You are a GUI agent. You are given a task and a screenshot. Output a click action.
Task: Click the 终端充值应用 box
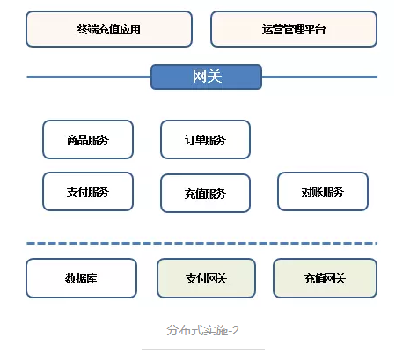(109, 29)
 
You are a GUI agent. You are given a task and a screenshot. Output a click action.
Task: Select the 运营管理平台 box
(294, 29)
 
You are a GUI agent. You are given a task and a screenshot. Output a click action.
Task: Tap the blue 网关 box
(206, 77)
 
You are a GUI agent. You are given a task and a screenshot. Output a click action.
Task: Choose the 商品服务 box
(88, 140)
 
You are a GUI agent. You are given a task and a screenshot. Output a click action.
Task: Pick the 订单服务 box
(205, 140)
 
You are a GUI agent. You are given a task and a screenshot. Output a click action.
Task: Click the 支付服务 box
(88, 192)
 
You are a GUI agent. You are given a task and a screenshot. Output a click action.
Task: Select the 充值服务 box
(205, 194)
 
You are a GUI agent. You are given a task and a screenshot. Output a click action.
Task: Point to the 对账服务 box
(323, 192)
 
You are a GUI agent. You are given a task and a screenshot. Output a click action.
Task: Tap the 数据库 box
(81, 278)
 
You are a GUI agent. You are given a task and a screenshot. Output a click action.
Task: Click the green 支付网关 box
(206, 278)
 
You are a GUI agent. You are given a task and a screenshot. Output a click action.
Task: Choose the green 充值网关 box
(325, 278)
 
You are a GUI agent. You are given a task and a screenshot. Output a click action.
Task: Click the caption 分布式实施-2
(202, 330)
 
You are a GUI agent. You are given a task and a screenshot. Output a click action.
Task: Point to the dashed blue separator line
(202, 243)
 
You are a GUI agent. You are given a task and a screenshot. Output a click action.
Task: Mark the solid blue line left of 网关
(89, 77)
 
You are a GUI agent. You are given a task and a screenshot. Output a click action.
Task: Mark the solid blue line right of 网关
(319, 77)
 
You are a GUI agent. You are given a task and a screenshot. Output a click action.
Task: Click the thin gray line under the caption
(203, 349)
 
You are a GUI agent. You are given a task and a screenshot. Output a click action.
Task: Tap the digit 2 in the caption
(235, 331)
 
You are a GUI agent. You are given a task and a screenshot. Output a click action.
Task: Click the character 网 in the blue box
(200, 77)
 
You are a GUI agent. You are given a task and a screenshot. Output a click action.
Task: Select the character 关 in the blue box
(215, 77)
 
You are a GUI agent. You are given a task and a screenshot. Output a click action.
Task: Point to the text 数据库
(81, 278)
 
